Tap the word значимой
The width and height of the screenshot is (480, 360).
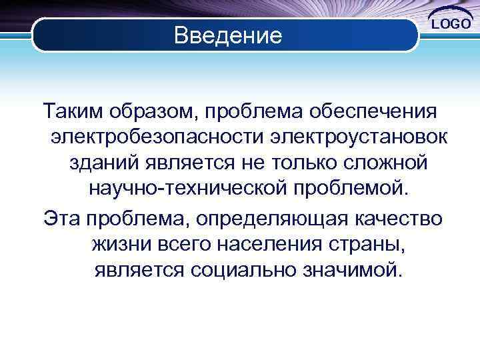pyautogui.click(x=353, y=271)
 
